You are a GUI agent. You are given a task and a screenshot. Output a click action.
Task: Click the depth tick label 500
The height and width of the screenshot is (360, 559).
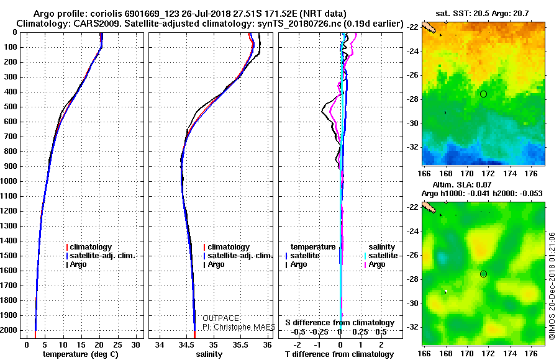(11, 107)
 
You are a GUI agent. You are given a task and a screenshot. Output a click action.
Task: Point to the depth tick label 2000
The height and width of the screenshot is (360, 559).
(9, 330)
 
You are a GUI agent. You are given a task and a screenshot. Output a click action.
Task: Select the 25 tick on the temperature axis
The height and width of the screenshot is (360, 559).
(117, 345)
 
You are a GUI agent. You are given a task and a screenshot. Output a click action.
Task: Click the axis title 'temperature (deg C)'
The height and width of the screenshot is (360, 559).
(81, 354)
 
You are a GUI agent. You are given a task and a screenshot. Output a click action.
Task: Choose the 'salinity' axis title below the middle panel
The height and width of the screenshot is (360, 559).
(209, 354)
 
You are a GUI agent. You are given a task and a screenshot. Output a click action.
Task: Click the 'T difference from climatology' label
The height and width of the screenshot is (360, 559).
(339, 354)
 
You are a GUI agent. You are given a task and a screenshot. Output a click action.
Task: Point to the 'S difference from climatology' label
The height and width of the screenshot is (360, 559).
(340, 323)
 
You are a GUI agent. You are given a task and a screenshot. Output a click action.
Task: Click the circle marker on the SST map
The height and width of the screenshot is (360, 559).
(483, 94)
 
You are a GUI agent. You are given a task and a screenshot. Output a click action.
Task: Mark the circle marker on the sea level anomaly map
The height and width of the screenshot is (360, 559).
(483, 274)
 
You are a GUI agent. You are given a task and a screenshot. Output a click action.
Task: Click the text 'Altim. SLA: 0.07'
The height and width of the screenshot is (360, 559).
(462, 184)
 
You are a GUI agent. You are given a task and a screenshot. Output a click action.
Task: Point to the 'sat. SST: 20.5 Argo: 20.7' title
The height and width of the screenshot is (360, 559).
(482, 14)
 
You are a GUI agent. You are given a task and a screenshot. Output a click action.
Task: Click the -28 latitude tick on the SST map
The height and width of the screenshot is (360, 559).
(412, 99)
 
